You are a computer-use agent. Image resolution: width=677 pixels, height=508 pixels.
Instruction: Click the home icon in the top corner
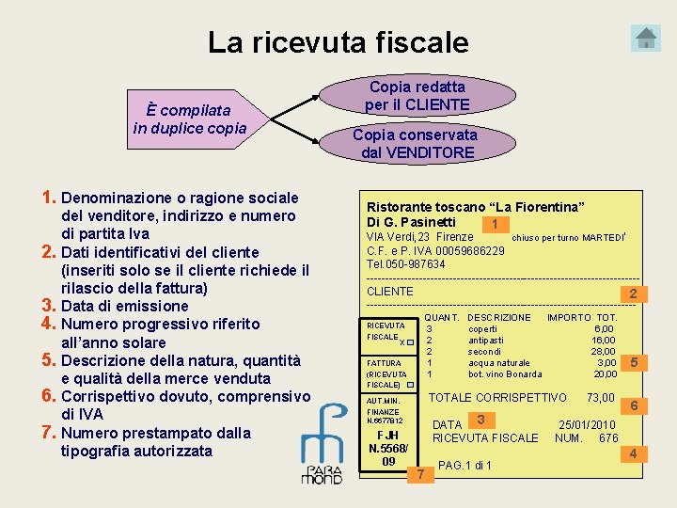[647, 38]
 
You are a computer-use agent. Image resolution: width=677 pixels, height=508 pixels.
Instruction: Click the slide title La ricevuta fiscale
[338, 42]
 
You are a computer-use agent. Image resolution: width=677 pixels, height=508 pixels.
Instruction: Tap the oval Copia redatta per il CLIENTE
[417, 95]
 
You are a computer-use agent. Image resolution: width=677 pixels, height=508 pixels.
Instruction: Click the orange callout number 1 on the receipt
[495, 224]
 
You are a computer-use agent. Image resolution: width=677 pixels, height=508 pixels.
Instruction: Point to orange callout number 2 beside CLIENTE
[634, 294]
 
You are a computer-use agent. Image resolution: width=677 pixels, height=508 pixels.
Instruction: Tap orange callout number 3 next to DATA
[480, 420]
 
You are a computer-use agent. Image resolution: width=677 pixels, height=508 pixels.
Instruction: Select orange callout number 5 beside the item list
[634, 362]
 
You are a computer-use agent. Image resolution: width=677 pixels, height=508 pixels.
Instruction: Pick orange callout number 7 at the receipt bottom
[420, 473]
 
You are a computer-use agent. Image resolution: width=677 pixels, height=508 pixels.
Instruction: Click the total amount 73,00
[600, 398]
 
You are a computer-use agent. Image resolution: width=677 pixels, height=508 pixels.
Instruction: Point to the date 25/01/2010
[587, 424]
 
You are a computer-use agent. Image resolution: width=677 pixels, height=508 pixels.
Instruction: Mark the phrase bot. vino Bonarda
[504, 374]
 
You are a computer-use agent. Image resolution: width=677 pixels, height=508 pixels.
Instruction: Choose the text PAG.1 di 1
[464, 466]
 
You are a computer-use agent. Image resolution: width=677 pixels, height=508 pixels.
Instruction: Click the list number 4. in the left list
[51, 324]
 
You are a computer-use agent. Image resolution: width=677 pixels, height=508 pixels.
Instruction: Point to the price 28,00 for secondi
[603, 351]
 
